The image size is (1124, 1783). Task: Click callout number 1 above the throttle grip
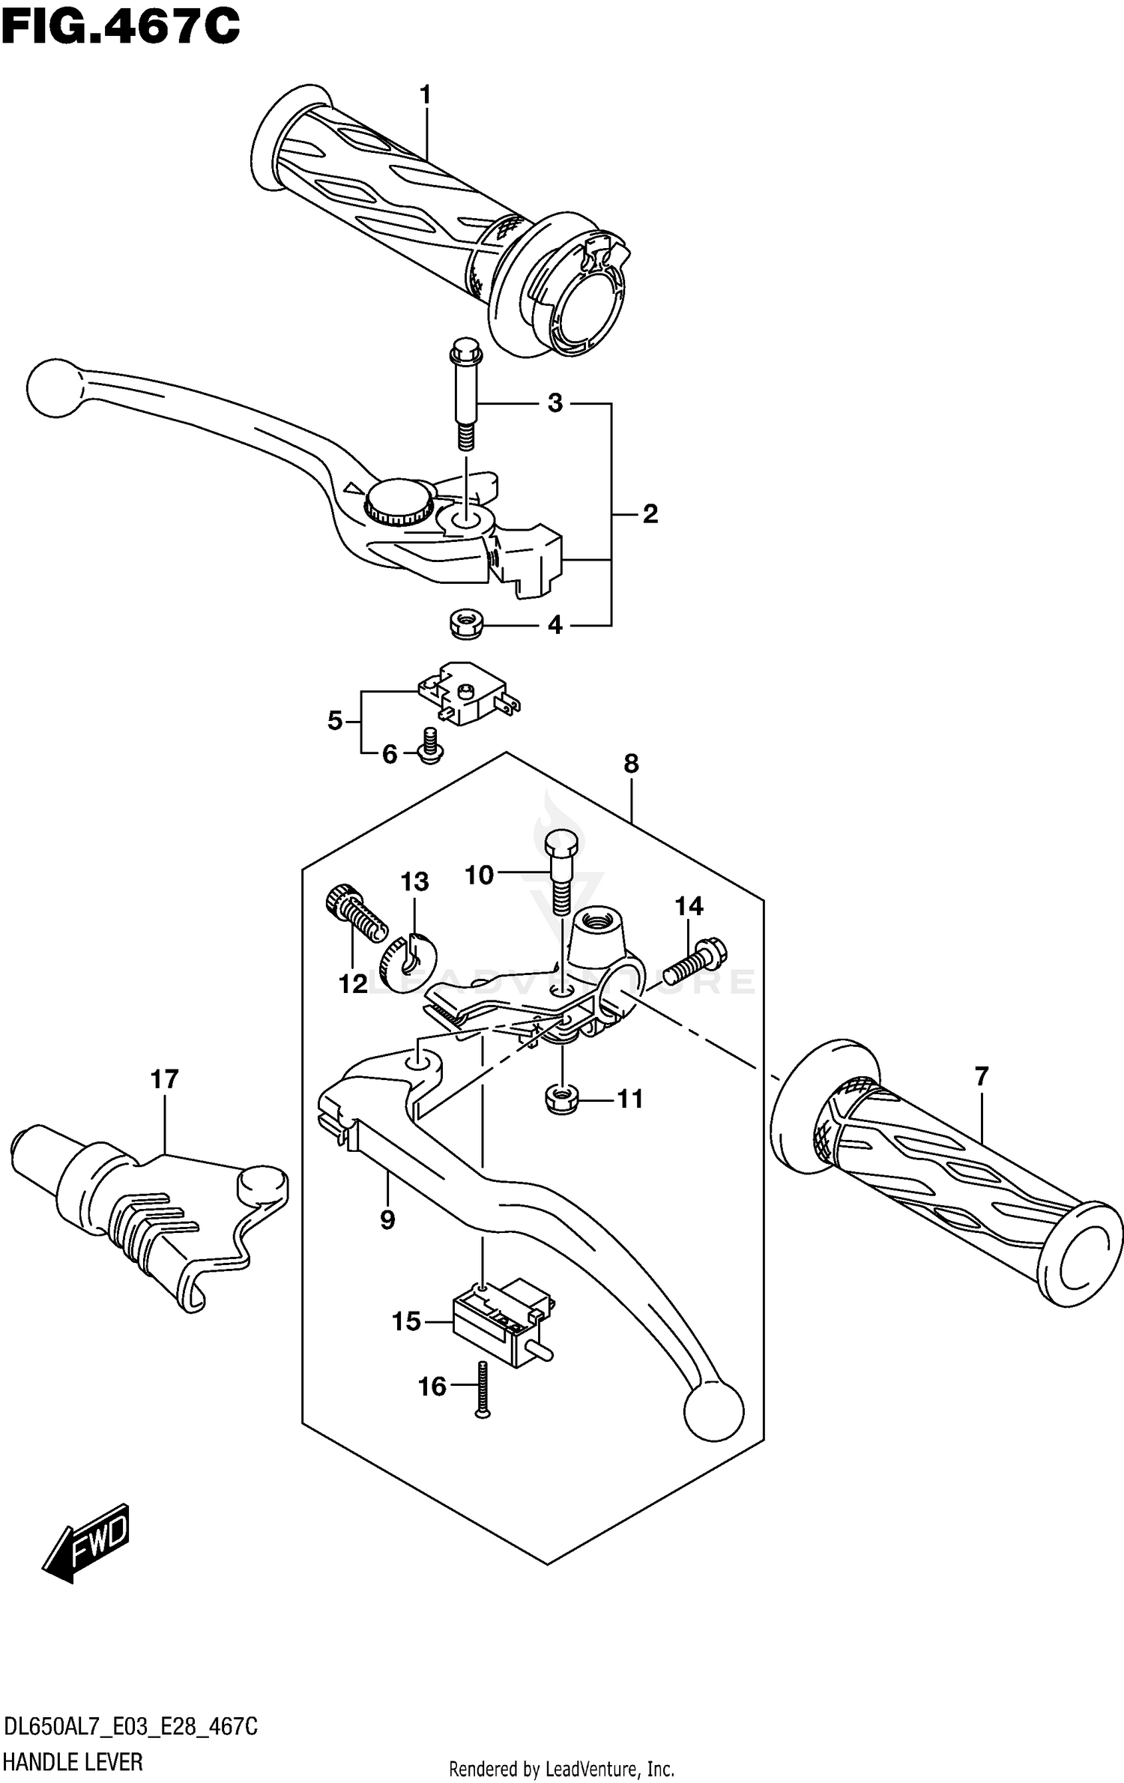[426, 95]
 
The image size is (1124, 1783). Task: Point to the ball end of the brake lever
[52, 387]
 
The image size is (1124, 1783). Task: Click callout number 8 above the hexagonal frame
[631, 764]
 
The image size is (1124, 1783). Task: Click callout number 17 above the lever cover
[164, 1079]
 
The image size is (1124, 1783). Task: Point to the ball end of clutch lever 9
[713, 1412]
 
